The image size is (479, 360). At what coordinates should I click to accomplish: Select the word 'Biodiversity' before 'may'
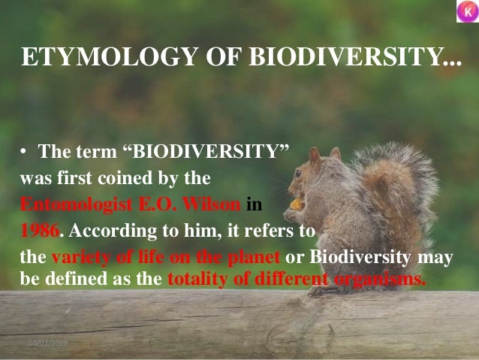pos(354,258)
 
